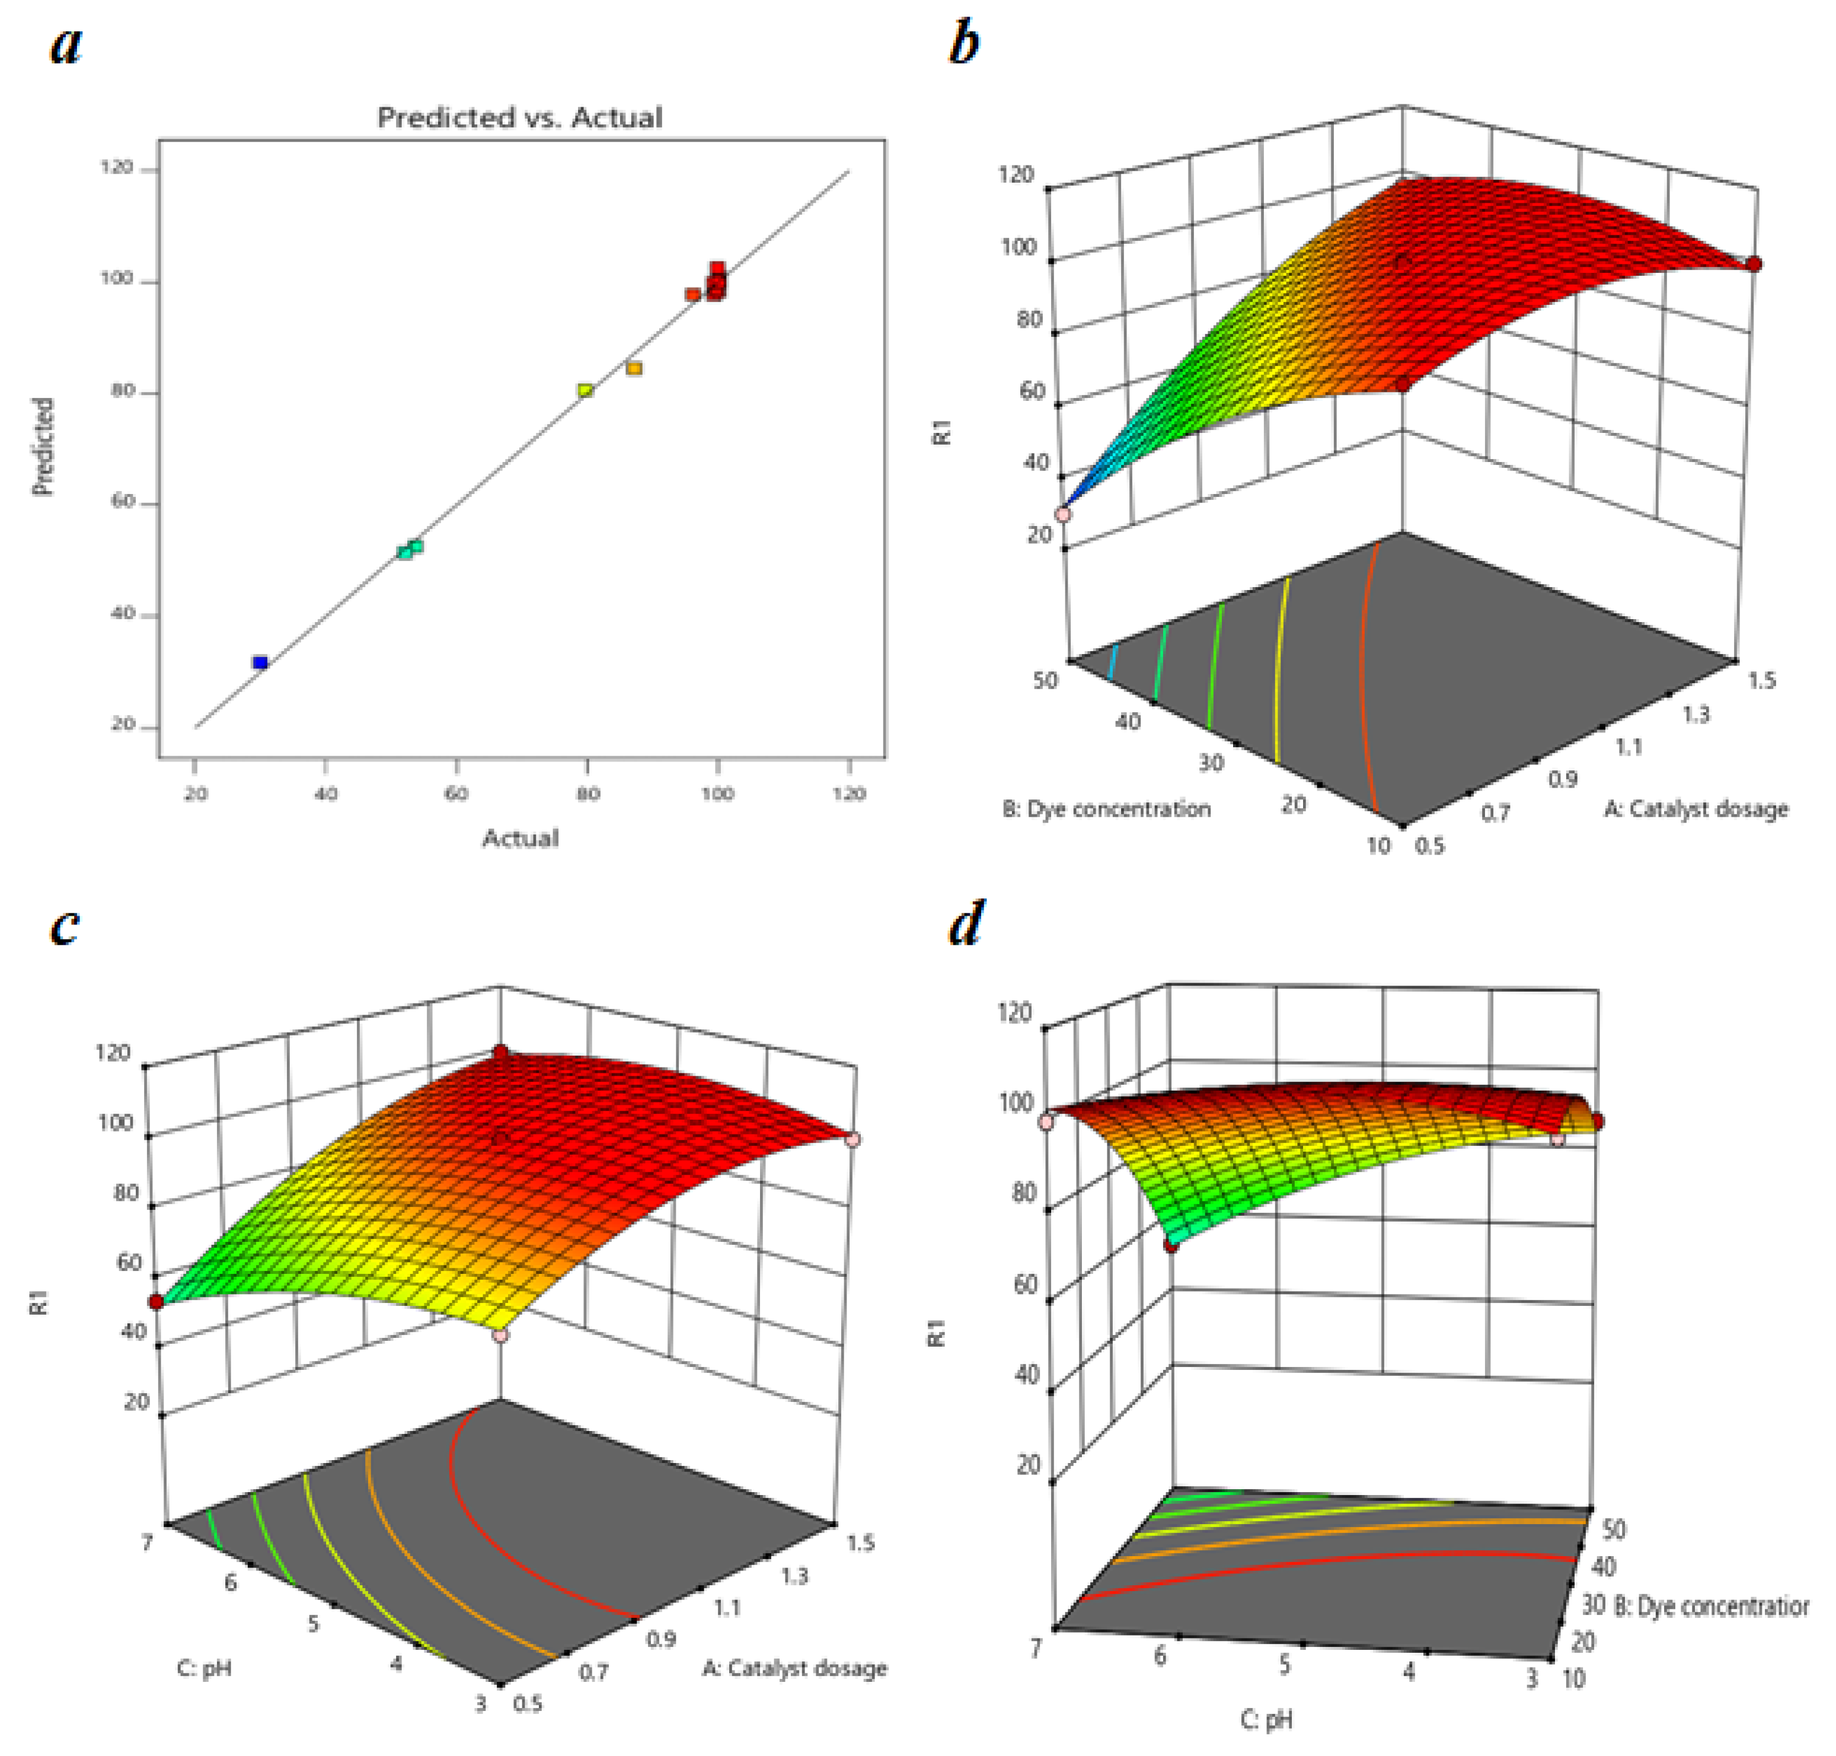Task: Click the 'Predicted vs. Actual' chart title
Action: click(x=519, y=118)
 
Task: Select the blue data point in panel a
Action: click(x=260, y=662)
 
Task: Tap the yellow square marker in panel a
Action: click(x=586, y=390)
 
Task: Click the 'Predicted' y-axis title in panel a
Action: click(x=43, y=447)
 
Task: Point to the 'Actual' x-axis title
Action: click(x=521, y=839)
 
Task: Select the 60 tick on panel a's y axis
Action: click(x=123, y=502)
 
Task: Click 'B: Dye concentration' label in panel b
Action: click(x=1106, y=809)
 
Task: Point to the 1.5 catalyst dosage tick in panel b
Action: click(x=1761, y=680)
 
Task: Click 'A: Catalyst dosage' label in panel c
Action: click(x=794, y=1668)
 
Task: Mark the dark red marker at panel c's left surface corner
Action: click(x=157, y=1302)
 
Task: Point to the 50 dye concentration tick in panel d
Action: click(x=1613, y=1528)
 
